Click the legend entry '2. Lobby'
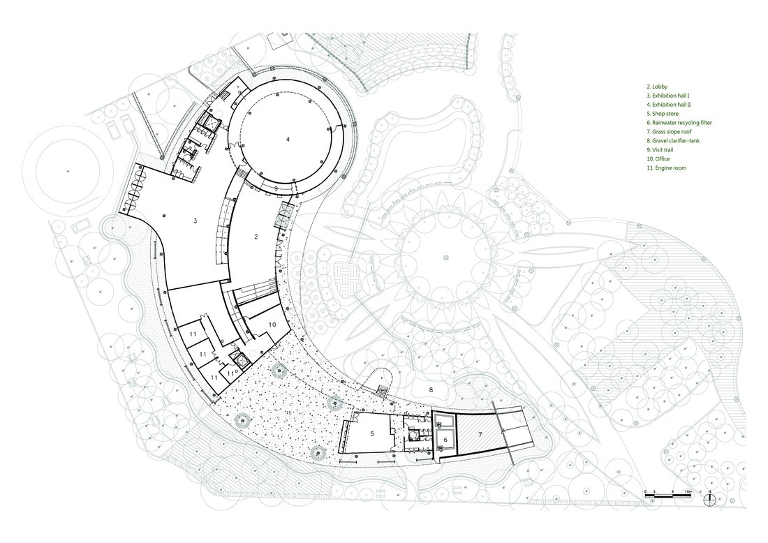point(657,87)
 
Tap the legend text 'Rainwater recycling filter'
point(682,123)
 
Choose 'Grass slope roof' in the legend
point(672,132)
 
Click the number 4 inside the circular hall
point(288,139)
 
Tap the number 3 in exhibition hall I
point(195,221)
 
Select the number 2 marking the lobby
point(256,237)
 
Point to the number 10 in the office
point(272,324)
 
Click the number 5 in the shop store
point(372,433)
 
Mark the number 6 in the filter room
point(445,440)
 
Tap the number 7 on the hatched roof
point(480,434)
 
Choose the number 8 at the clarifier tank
point(431,389)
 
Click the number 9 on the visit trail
point(276,188)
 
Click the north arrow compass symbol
point(709,499)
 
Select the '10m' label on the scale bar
point(688,491)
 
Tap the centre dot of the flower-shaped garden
point(445,257)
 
